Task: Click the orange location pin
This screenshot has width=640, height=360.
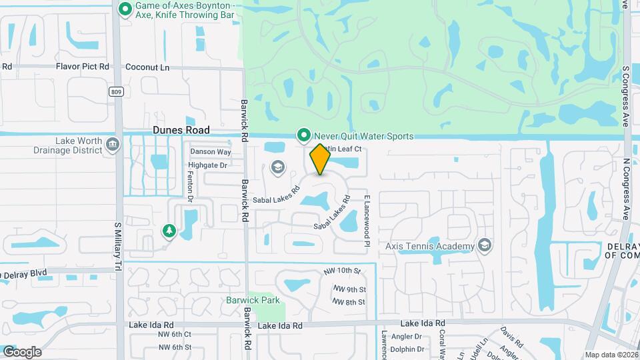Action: (x=321, y=159)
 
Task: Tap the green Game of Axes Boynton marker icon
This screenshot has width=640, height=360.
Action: (x=125, y=9)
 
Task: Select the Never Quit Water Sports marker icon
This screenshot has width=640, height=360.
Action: (x=304, y=136)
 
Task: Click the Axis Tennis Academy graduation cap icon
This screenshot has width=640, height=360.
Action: (x=485, y=245)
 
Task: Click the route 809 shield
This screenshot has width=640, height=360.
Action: (x=117, y=91)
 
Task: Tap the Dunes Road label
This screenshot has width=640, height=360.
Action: (x=181, y=130)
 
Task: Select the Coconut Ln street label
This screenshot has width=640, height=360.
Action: (x=147, y=67)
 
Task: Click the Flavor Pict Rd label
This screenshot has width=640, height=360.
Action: (x=82, y=67)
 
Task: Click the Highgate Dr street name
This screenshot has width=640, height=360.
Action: (x=207, y=165)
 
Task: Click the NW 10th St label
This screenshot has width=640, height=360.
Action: (x=341, y=271)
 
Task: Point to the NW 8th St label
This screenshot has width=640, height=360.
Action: (x=349, y=302)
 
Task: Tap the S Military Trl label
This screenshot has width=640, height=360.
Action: (x=117, y=247)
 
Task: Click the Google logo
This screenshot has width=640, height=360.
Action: (x=22, y=351)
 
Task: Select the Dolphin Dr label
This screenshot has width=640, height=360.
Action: (x=408, y=348)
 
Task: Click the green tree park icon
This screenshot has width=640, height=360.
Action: (x=168, y=231)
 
